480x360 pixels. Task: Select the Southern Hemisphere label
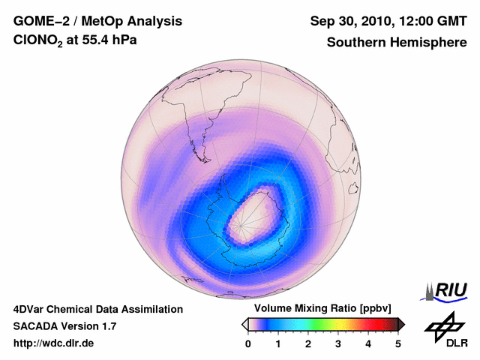tap(397, 43)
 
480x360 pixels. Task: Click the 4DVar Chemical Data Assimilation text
tap(98, 309)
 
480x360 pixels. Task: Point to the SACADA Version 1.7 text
tap(65, 326)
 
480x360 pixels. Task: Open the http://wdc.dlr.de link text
tap(54, 343)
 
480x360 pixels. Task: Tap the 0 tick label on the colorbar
tap(248, 343)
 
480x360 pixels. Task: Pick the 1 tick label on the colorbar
tap(278, 343)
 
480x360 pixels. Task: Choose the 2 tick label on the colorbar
tap(308, 343)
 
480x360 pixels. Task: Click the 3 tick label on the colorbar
tap(338, 343)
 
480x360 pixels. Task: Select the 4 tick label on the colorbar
tap(368, 343)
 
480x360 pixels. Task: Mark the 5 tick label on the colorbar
tap(398, 343)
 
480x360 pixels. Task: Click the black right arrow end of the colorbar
tap(401, 324)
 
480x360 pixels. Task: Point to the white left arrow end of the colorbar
tap(245, 324)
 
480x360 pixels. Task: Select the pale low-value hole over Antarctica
tap(251, 217)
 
